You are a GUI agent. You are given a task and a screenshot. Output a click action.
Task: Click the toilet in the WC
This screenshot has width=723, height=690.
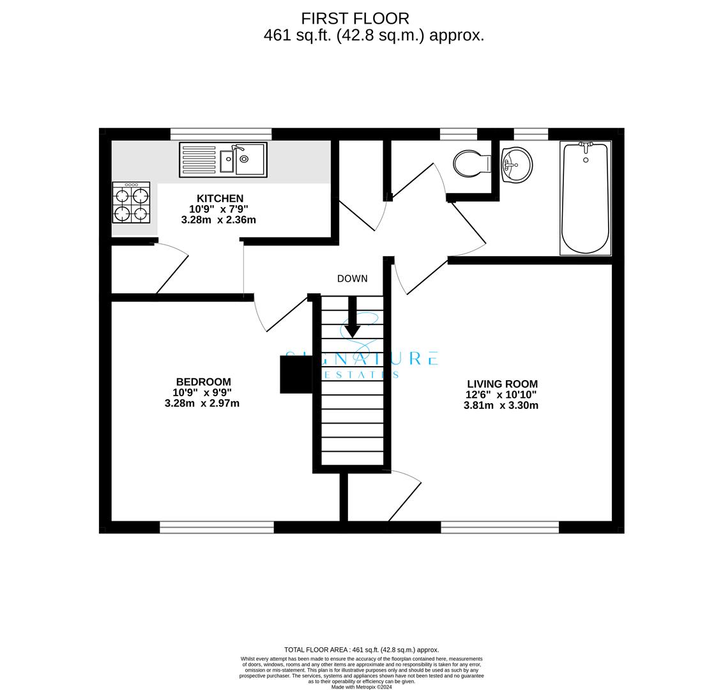coord(472,163)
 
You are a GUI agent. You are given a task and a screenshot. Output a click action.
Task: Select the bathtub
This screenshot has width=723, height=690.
coord(586,198)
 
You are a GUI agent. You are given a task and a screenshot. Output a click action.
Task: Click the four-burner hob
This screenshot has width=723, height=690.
coord(131,203)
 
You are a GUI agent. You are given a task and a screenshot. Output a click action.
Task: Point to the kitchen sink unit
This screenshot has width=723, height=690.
coord(223,160)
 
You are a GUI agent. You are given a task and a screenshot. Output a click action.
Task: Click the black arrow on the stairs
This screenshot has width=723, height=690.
coord(353,317)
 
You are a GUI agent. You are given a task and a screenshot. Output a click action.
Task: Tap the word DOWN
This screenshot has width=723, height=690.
coord(353,279)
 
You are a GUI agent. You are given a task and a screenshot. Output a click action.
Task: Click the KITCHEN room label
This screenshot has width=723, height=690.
coord(220,198)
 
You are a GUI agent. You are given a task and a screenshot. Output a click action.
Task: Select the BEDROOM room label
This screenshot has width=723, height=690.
coord(203,382)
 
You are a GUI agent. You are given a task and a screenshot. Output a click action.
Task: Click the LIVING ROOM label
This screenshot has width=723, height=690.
coord(502,384)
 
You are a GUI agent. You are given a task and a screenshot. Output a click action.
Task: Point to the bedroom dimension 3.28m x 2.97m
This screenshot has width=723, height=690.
coord(202,403)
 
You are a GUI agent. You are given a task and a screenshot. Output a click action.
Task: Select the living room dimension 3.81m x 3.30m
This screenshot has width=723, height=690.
coord(501,406)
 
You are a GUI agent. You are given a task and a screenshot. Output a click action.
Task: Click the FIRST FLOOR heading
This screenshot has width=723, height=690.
coord(355,19)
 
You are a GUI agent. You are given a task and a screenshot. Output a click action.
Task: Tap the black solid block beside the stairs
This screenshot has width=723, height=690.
coord(296,374)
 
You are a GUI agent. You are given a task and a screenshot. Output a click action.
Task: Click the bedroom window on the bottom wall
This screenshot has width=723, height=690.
coord(217,526)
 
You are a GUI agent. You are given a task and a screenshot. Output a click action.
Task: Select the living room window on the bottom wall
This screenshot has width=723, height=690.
coord(500,526)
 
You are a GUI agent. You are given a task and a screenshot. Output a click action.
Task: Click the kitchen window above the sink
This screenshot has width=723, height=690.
coord(221,134)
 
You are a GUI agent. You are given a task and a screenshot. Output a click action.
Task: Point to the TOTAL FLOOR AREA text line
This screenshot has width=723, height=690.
coord(361,650)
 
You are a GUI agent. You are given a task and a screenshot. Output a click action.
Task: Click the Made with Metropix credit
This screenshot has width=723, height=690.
coord(361,687)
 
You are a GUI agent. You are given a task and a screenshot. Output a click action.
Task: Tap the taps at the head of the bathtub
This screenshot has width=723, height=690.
coord(586,147)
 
